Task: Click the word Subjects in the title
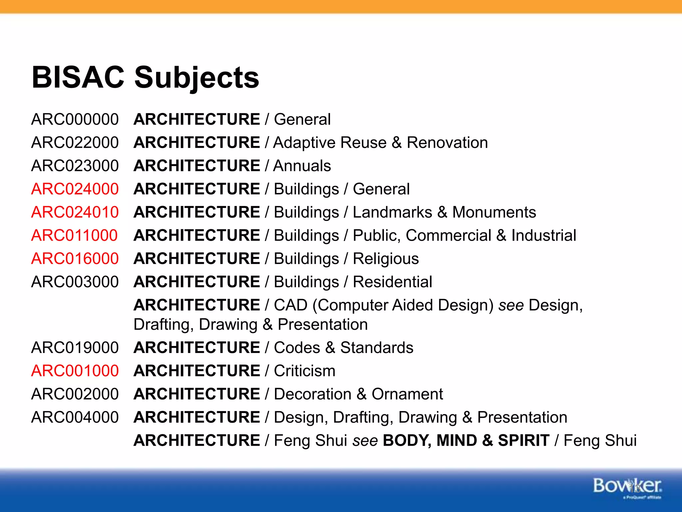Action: pyautogui.click(x=196, y=78)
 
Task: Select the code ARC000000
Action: pyautogui.click(x=75, y=119)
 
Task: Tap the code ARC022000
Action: pyautogui.click(x=75, y=143)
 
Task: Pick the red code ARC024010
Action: pyautogui.click(x=75, y=212)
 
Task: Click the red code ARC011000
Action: pyautogui.click(x=74, y=235)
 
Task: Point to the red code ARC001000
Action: pyautogui.click(x=75, y=371)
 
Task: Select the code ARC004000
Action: pyautogui.click(x=75, y=417)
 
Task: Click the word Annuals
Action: pyautogui.click(x=302, y=166)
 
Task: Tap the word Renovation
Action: pyautogui.click(x=447, y=143)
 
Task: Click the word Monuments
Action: pyautogui.click(x=494, y=212)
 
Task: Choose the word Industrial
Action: pyautogui.click(x=544, y=235)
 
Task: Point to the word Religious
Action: pyautogui.click(x=386, y=259)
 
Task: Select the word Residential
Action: pyautogui.click(x=392, y=282)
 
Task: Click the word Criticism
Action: pyautogui.click(x=304, y=371)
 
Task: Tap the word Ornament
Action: pyautogui.click(x=407, y=394)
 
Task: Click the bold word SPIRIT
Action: pyautogui.click(x=523, y=440)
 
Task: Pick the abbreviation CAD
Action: pyautogui.click(x=290, y=305)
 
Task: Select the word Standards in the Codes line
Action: pyautogui.click(x=377, y=348)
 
